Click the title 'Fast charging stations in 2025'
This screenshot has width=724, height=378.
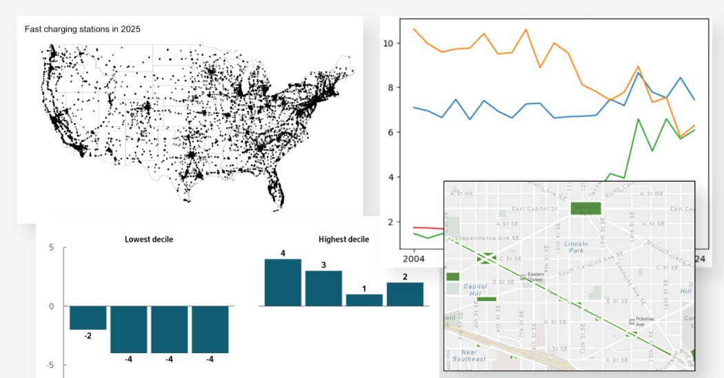pyautogui.click(x=83, y=29)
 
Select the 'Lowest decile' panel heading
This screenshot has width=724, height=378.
pyautogui.click(x=148, y=240)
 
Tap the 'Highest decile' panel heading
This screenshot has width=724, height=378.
pyautogui.click(x=343, y=240)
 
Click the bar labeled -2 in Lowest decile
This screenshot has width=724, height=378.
pyautogui.click(x=88, y=318)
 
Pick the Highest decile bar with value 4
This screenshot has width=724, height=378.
pyautogui.click(x=283, y=282)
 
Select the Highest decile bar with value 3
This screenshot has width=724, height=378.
pyautogui.click(x=323, y=288)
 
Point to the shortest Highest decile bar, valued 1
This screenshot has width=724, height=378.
pyautogui.click(x=364, y=300)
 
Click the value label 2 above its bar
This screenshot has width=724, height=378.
pyautogui.click(x=405, y=277)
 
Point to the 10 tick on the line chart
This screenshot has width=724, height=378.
pyautogui.click(x=388, y=43)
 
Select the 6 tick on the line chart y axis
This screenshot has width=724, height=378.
pyautogui.click(x=390, y=132)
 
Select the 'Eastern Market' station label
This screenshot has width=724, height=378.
pyautogui.click(x=536, y=277)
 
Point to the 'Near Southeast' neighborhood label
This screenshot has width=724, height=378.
pyautogui.click(x=469, y=355)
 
